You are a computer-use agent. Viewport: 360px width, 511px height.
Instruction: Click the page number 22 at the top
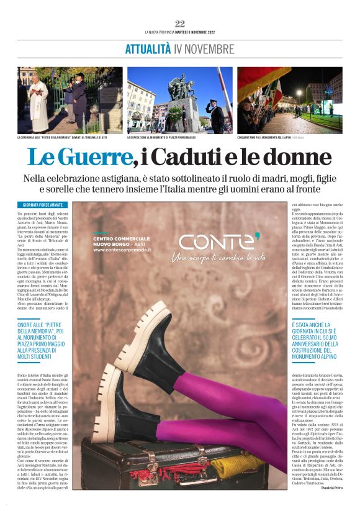(179, 24)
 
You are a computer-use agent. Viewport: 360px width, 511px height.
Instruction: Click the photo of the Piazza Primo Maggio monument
(180, 99)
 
